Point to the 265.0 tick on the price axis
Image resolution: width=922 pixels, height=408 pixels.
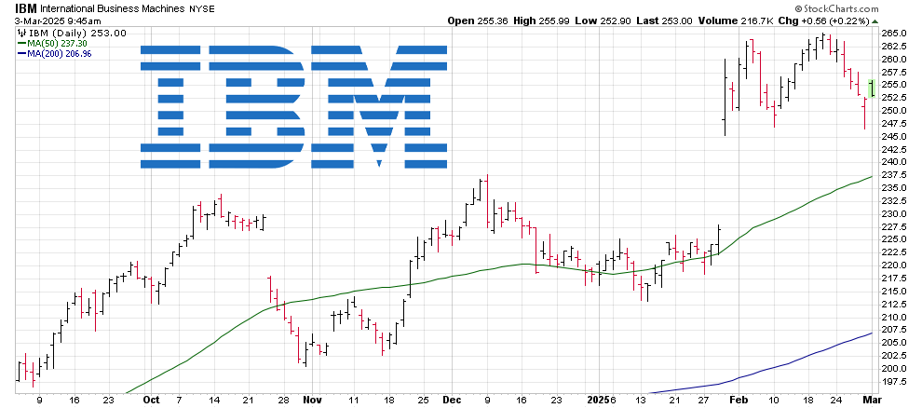tap(894, 34)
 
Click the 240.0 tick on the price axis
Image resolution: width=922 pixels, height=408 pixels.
tap(894, 162)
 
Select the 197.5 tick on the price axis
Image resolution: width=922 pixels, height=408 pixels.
tap(894, 381)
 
